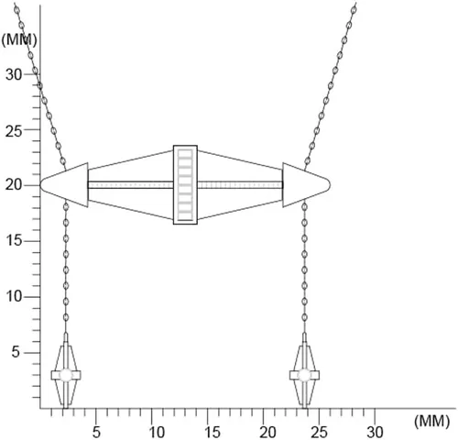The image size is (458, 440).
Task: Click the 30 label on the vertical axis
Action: click(x=14, y=74)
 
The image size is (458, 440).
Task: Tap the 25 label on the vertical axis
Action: click(x=14, y=131)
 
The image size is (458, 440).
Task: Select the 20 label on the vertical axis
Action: click(x=14, y=185)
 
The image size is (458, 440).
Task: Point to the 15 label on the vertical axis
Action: click(x=14, y=241)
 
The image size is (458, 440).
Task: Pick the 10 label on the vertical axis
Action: click(x=15, y=296)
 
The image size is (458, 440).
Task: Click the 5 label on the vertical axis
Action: click(x=16, y=352)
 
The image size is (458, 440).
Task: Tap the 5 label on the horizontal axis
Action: click(x=96, y=432)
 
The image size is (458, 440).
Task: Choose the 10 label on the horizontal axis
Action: click(x=157, y=432)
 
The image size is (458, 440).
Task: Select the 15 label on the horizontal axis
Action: click(x=213, y=432)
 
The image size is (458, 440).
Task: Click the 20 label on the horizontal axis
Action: click(x=267, y=432)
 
